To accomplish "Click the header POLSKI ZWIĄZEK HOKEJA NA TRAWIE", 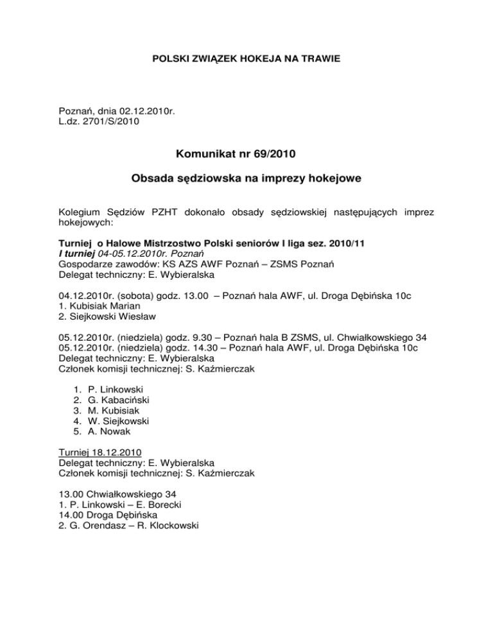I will point(246,59).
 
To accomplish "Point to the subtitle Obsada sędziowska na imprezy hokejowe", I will point(246,182).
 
